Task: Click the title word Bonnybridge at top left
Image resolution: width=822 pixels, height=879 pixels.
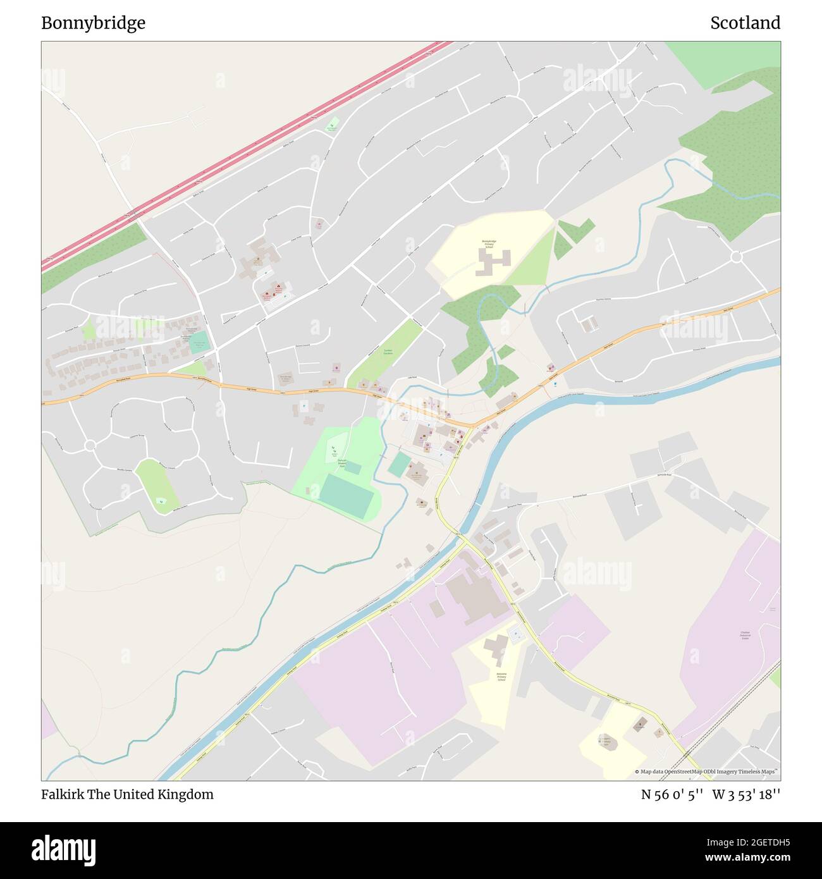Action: (x=93, y=23)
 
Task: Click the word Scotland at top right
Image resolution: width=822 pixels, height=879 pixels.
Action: (x=745, y=23)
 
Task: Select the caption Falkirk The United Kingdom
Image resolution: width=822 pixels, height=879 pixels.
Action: (x=127, y=794)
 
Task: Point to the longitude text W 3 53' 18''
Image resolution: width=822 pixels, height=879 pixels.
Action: (x=746, y=794)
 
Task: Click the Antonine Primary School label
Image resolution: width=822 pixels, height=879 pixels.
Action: (x=501, y=676)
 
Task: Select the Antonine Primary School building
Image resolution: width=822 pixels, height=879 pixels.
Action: (x=495, y=649)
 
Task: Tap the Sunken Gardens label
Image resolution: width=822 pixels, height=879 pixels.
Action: (x=388, y=351)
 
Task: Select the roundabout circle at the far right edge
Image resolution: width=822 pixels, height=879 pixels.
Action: (x=736, y=257)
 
